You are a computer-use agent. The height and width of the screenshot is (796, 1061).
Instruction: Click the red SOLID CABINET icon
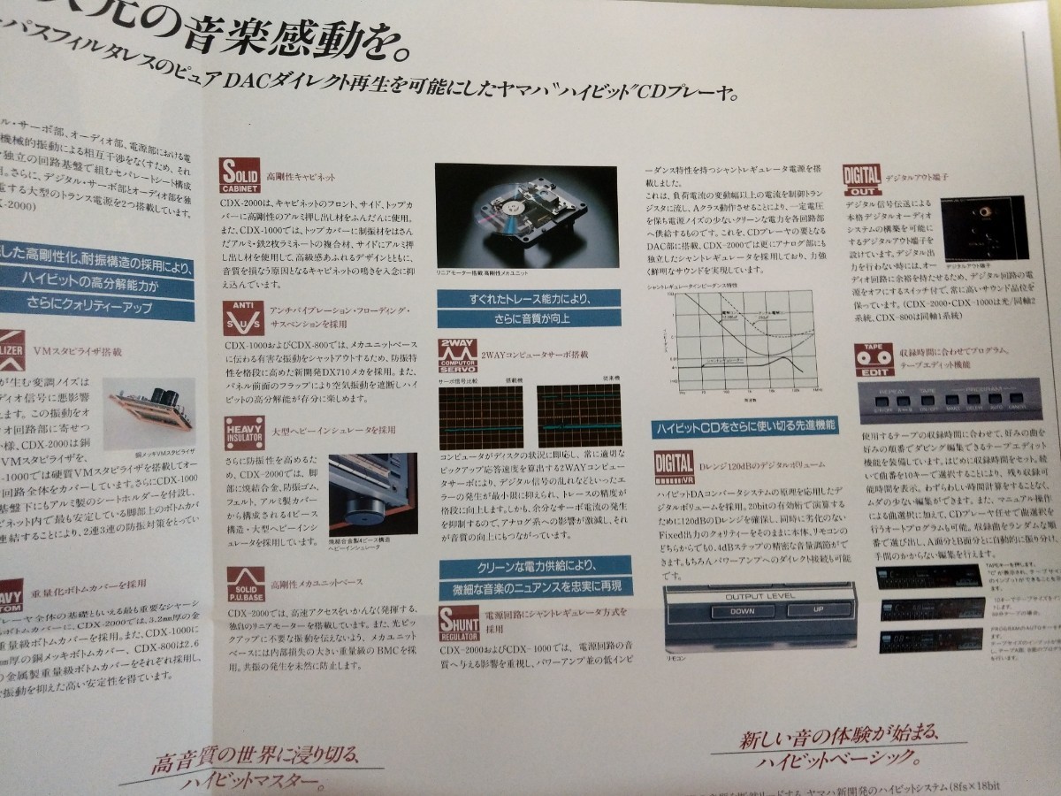tap(240, 172)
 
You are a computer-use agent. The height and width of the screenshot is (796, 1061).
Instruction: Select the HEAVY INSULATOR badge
tap(243, 433)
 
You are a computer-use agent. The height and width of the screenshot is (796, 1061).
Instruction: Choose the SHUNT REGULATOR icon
tap(460, 621)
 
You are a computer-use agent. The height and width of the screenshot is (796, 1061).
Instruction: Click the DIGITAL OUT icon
tap(860, 181)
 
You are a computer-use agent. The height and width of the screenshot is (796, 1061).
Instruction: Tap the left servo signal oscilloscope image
tap(481, 415)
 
